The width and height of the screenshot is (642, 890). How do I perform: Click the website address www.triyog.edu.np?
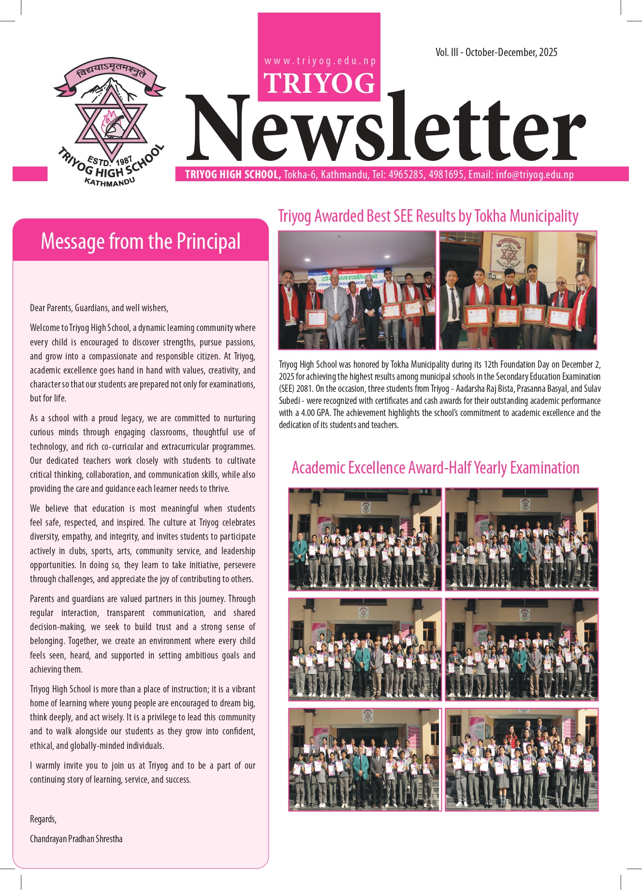tap(320, 61)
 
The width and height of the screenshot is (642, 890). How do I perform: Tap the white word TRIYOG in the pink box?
tap(319, 83)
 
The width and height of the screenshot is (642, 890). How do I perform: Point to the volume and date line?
tap(496, 52)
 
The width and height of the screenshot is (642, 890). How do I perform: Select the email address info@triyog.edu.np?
tap(535, 174)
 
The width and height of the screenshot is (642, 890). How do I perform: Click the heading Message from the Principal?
tap(140, 241)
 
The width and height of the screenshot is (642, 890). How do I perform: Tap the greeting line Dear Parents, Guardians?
tap(99, 308)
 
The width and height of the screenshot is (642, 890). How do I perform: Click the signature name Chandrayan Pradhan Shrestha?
tap(76, 838)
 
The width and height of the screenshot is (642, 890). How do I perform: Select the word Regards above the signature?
tap(43, 818)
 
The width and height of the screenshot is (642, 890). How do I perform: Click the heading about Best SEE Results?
tap(428, 216)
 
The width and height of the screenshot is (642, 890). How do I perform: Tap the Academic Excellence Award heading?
tap(435, 468)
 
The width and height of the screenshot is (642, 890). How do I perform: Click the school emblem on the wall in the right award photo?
tap(508, 254)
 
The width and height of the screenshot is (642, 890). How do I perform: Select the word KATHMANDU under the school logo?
tap(109, 182)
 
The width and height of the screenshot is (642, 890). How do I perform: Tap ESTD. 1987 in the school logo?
tap(110, 160)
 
